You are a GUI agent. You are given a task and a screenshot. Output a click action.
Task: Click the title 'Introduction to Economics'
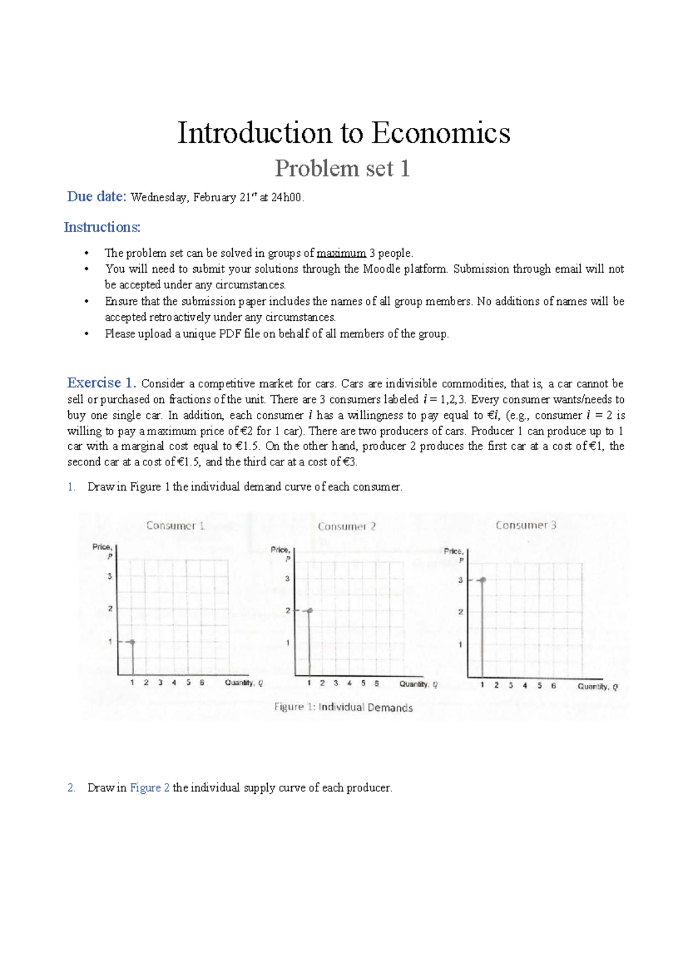[343, 133]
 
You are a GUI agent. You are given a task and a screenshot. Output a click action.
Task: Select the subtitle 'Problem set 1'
[342, 168]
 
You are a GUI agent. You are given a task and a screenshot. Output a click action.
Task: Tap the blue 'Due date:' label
[96, 197]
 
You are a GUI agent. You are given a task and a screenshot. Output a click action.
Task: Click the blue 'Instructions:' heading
[102, 228]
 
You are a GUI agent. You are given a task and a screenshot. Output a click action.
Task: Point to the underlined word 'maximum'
[341, 253]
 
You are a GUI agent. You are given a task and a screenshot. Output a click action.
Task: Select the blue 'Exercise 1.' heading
[101, 383]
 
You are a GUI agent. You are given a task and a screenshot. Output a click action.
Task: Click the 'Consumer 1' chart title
[175, 526]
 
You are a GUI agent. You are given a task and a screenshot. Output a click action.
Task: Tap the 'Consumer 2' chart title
[347, 527]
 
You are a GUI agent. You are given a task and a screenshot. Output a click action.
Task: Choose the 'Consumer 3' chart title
[526, 525]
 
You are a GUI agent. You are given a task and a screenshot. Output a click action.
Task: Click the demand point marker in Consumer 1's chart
[132, 642]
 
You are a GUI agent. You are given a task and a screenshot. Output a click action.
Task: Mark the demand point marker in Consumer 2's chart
[310, 611]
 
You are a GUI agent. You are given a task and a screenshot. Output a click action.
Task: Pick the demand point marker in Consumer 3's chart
[483, 581]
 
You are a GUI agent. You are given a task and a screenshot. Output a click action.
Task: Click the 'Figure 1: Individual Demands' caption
[343, 707]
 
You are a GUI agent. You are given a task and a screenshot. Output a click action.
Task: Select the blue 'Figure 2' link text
[150, 788]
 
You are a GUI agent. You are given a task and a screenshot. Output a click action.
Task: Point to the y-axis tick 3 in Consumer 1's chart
[110, 576]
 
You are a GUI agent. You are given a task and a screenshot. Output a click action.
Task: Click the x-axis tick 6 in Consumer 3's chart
[553, 685]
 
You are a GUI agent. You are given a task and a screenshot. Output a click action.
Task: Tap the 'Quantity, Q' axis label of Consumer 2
[419, 684]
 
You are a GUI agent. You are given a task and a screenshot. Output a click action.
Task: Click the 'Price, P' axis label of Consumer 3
[454, 555]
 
